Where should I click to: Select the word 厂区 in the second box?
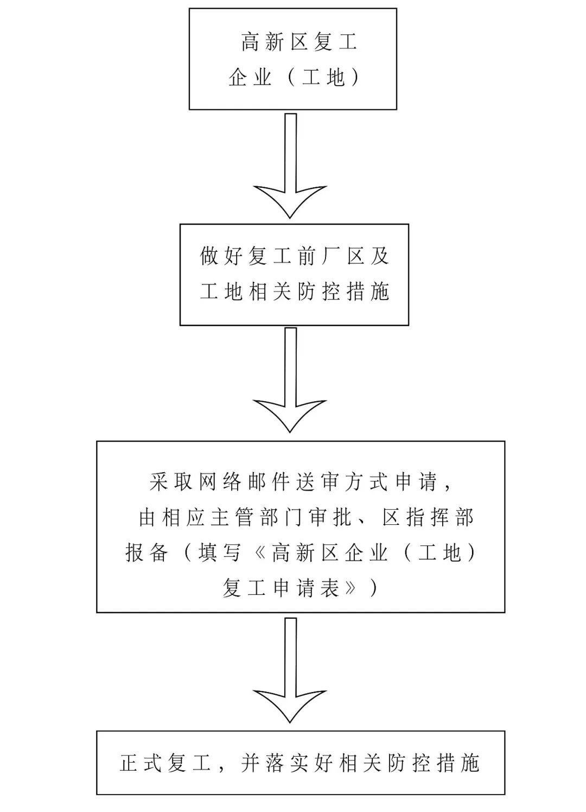[343, 256]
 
